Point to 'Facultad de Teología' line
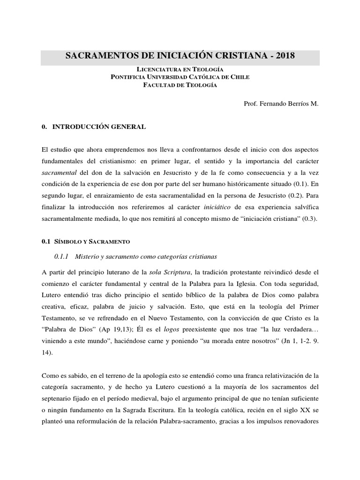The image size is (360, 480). coord(180,84)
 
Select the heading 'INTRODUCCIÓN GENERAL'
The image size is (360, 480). coord(99,127)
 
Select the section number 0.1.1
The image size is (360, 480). coord(62,256)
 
